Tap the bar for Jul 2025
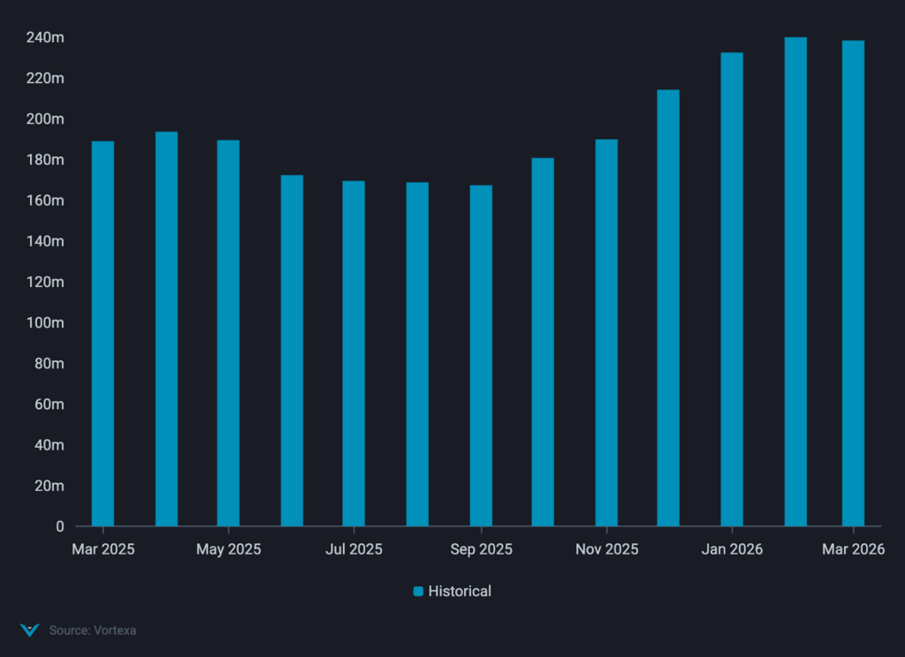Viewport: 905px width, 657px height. [x=354, y=353]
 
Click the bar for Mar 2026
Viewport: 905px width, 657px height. [x=853, y=283]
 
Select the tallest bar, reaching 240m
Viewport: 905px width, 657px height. [x=795, y=282]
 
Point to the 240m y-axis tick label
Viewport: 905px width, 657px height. [x=45, y=38]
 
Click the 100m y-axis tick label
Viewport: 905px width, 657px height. [x=45, y=323]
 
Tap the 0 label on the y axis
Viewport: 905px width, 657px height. [x=59, y=526]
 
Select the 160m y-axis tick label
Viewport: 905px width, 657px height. [x=45, y=200]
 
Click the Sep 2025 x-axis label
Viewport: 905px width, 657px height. [x=481, y=549]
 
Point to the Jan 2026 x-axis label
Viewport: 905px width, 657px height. [x=732, y=549]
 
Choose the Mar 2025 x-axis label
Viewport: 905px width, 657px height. [x=103, y=549]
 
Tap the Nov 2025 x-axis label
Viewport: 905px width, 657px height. [x=606, y=549]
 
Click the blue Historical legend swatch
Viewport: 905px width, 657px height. [x=419, y=592]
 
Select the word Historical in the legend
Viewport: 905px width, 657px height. [x=460, y=592]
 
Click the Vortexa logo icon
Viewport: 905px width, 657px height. [x=30, y=631]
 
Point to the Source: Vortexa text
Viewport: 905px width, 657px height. [x=93, y=631]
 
